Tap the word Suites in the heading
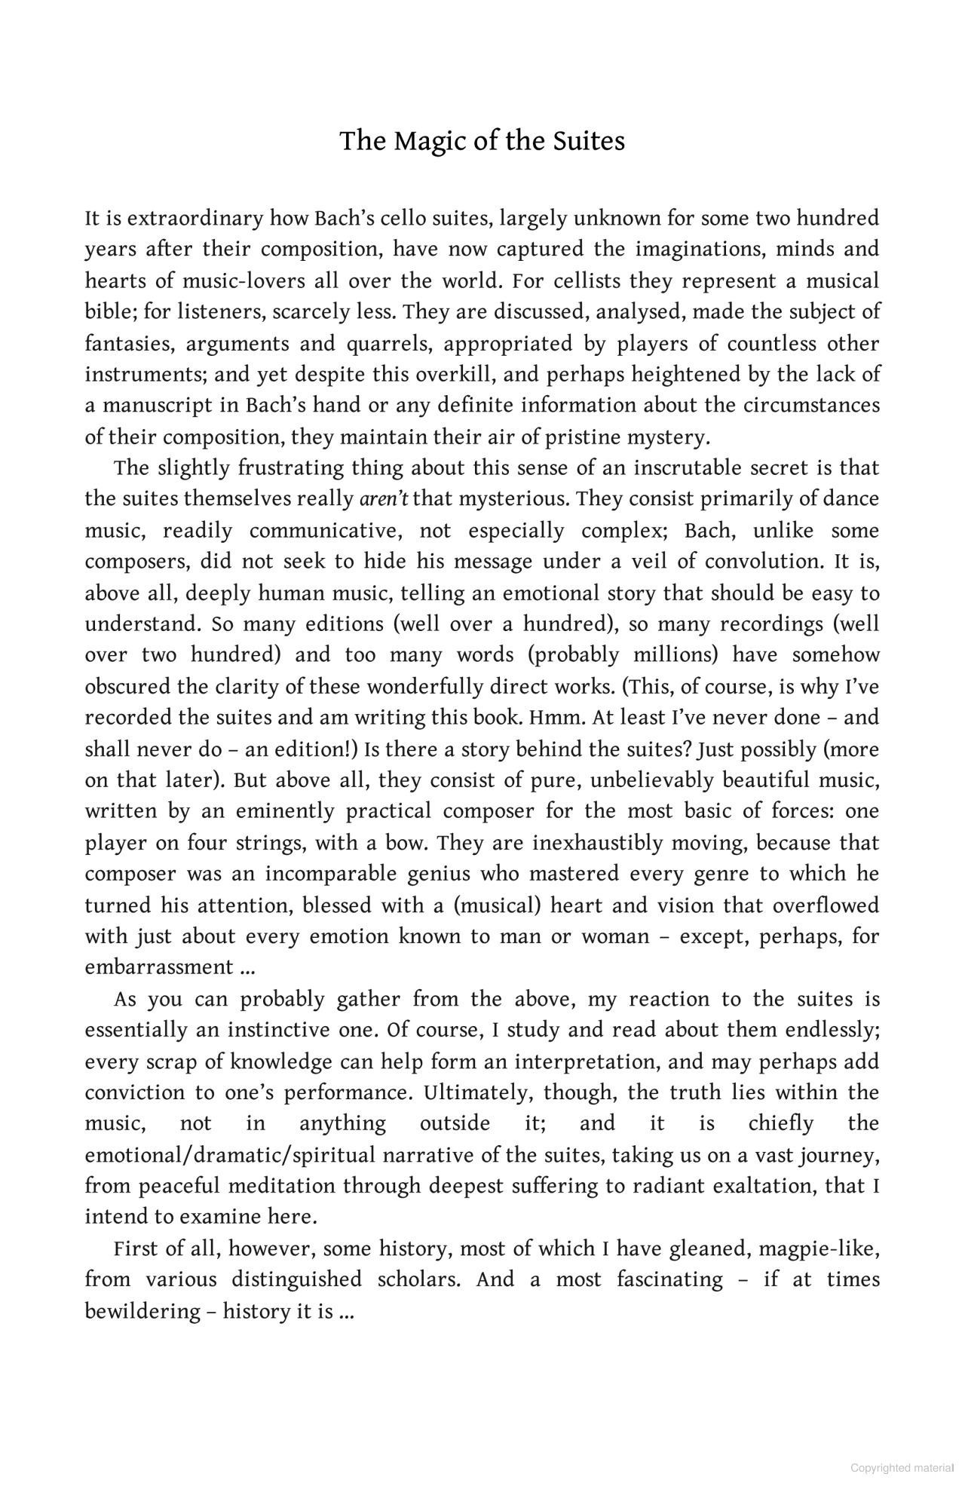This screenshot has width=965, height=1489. [x=587, y=142]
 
